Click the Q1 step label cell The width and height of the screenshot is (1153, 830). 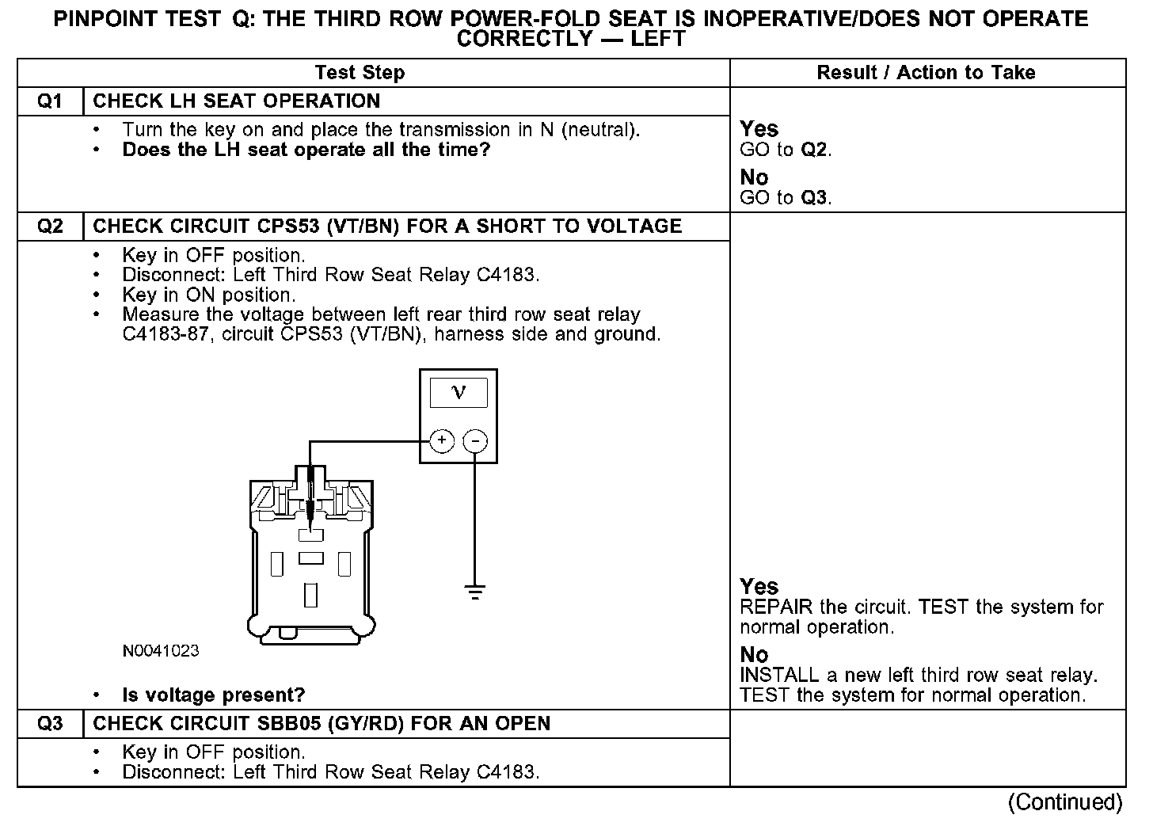point(50,101)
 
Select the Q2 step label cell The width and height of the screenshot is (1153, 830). point(50,227)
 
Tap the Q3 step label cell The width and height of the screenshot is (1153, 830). point(50,724)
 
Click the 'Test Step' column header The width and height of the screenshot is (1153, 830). point(360,73)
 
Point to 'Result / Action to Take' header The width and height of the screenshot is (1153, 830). point(926,73)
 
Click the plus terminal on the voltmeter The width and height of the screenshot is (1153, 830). point(441,440)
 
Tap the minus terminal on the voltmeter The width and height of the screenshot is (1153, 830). point(475,440)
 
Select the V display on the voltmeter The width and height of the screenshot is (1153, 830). point(459,392)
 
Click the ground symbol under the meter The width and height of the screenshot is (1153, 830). point(475,591)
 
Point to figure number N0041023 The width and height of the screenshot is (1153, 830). point(161,651)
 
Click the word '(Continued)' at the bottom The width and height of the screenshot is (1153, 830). point(1065,802)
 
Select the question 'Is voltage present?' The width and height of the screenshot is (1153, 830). point(214,695)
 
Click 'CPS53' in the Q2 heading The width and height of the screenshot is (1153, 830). point(286,227)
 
